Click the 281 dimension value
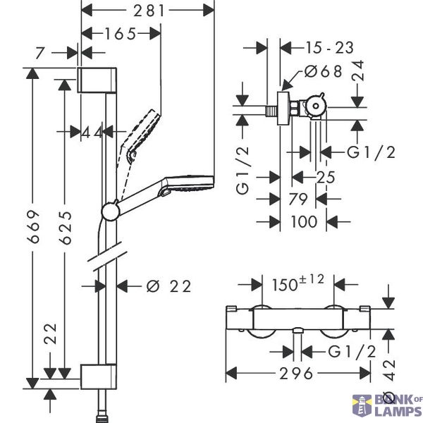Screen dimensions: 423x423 [149, 11]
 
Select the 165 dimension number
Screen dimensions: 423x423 [121, 34]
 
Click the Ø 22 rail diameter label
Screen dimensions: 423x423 [168, 286]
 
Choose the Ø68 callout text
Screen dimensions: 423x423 [323, 71]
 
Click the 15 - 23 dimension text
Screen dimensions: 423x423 [329, 48]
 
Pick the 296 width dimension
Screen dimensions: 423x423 [296, 374]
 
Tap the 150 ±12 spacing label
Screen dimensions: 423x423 [298, 283]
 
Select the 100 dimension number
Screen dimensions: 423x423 [304, 222]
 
